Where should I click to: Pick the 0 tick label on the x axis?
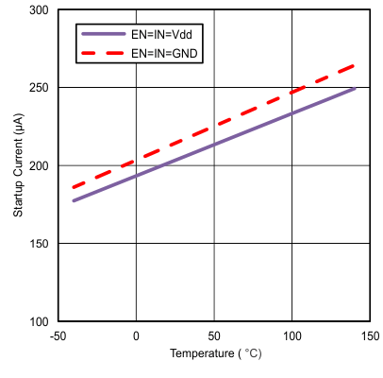(136, 336)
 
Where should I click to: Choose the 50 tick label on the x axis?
(214, 336)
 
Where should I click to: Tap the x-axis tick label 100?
(291, 336)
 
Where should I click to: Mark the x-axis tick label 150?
(370, 336)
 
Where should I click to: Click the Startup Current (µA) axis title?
(18, 165)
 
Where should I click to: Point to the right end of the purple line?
(355, 89)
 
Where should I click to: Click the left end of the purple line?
(74, 200)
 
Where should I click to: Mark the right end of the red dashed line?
(355, 65)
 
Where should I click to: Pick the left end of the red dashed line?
(74, 187)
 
